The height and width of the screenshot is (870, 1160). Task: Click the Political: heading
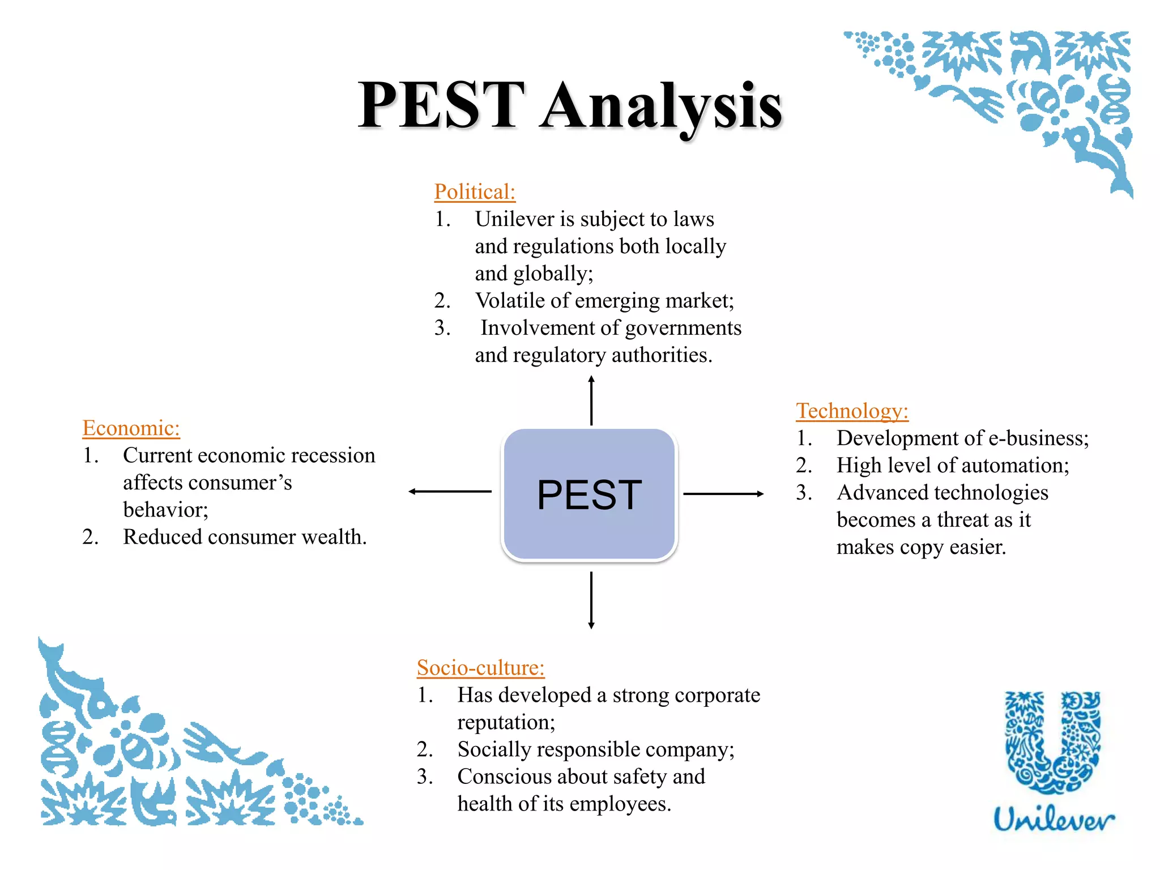(475, 192)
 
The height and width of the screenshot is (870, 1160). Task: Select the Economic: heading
(131, 428)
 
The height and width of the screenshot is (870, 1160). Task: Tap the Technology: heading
(852, 411)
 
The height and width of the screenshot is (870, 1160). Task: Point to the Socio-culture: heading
(480, 668)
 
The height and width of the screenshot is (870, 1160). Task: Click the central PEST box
(589, 494)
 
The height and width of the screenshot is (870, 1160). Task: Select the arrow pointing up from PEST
(591, 400)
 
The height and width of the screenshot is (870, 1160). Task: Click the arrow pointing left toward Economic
(450, 492)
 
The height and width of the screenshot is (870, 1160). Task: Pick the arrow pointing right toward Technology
(723, 494)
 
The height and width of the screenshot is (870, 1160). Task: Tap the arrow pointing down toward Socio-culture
(591, 600)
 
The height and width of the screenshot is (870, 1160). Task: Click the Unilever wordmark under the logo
(1054, 820)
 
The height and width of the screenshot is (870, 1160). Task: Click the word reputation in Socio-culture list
(506, 723)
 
